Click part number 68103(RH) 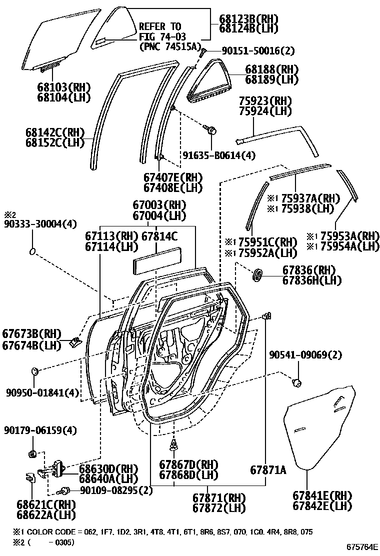(55, 85)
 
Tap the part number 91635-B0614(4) (218, 155)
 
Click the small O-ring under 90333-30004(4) (32, 250)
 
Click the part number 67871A (268, 470)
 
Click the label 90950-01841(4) (42, 392)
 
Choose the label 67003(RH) (159, 205)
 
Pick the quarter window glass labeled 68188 (215, 80)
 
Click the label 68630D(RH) (107, 468)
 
